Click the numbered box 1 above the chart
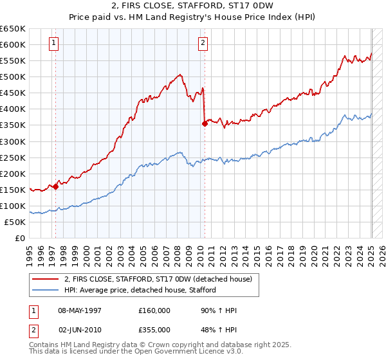(53, 44)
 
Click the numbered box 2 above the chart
(203, 44)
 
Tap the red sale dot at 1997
(55, 186)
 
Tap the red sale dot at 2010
(205, 123)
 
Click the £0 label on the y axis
(21, 238)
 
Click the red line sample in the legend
(45, 278)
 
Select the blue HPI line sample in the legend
(45, 290)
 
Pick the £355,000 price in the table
(154, 328)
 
